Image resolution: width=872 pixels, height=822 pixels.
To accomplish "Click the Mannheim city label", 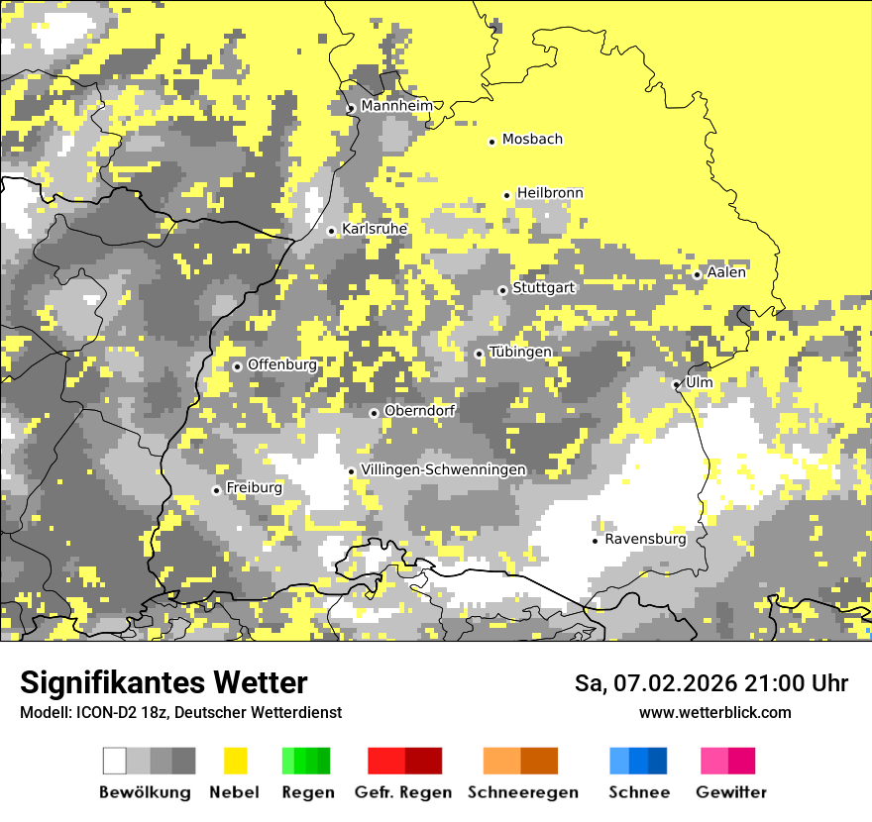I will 396,106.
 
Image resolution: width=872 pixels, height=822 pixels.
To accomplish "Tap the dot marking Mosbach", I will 491,142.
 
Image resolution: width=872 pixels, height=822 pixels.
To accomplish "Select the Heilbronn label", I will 550,193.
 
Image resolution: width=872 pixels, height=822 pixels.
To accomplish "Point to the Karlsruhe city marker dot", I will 332,231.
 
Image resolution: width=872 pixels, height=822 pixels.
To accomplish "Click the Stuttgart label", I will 543,288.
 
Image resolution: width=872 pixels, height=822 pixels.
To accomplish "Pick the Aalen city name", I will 726,272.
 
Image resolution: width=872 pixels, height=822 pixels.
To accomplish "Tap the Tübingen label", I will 520,353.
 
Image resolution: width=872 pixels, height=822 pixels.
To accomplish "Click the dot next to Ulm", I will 677,384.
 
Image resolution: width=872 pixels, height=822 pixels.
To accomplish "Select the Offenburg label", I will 282,364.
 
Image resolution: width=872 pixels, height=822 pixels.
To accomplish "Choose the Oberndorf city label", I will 419,411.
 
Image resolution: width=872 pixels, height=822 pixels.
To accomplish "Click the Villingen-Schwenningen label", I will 444,469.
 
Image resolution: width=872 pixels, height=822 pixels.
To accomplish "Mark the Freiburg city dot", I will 216,490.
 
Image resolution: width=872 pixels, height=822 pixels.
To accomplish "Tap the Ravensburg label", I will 645,540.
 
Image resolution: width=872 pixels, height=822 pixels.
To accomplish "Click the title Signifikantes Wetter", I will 163,683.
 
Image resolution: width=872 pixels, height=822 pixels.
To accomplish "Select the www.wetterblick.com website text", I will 714,712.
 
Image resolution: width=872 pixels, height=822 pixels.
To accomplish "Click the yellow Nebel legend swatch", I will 235,761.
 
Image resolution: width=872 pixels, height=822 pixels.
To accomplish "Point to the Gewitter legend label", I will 731,792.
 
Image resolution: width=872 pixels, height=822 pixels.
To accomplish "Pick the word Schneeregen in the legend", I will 523,792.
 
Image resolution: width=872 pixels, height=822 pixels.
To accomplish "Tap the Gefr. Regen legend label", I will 403,792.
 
